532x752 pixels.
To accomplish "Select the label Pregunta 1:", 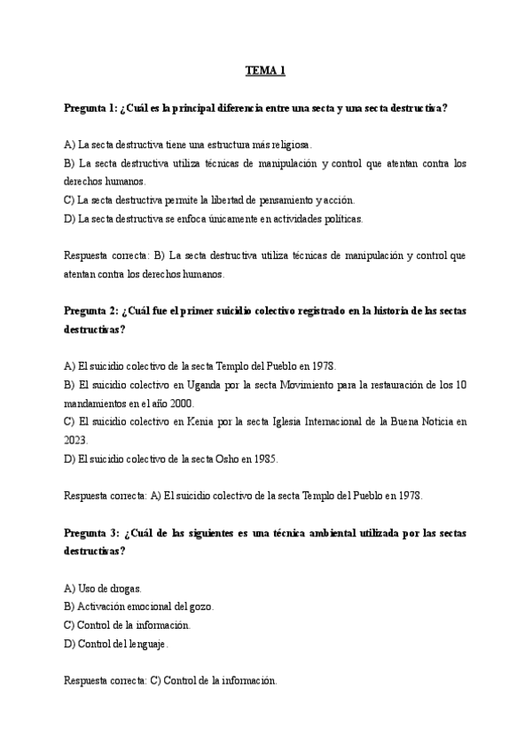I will coord(91,108).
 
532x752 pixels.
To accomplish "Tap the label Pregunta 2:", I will coord(91,310).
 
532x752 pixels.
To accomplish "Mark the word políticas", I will coord(340,218).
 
